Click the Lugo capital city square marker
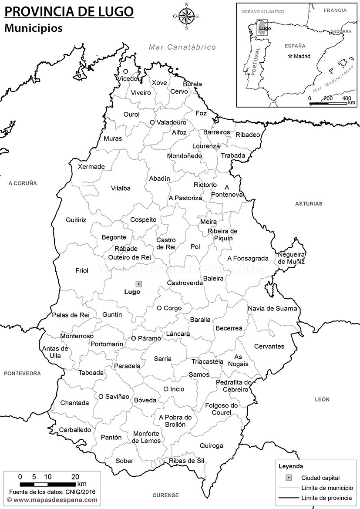tap(138, 284)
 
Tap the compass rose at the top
tap(186, 17)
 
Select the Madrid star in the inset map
tap(290, 56)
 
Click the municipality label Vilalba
tap(121, 189)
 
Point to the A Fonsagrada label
tap(248, 258)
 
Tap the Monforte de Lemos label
tap(147, 437)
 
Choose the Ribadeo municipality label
tap(247, 135)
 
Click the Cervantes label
tap(269, 347)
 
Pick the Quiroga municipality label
tap(212, 446)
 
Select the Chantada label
tap(74, 403)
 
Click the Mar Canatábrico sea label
tap(182, 47)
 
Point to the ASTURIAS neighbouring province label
tap(309, 203)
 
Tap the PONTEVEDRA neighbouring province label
tap(23, 374)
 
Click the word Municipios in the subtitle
tap(34, 28)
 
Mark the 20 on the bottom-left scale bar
tap(75, 476)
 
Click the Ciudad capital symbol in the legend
tap(288, 478)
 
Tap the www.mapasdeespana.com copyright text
tap(55, 500)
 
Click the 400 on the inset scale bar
tap(347, 98)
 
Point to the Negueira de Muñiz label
tap(291, 258)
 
